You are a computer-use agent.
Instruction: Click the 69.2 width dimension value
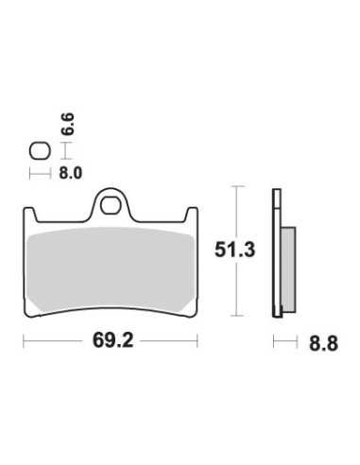[x=112, y=341]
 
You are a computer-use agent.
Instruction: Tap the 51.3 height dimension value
[x=234, y=250]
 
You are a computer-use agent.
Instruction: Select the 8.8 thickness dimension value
[x=323, y=343]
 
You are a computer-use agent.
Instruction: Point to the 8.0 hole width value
[x=71, y=173]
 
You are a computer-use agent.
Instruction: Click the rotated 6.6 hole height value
[x=68, y=124]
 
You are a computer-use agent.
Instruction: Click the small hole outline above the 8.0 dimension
[x=40, y=151]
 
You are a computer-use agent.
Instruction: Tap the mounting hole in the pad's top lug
[x=110, y=205]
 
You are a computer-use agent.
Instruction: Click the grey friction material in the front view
[x=110, y=269]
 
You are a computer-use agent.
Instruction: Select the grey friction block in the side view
[x=288, y=269]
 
